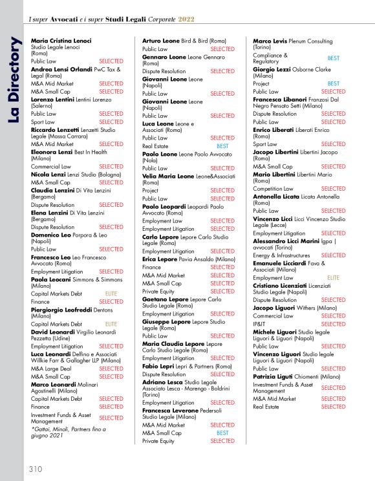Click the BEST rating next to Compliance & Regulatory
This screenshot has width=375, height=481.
click(333, 58)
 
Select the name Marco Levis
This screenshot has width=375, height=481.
click(270, 41)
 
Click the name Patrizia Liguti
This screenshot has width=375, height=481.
click(275, 376)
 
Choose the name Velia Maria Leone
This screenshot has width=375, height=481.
click(168, 176)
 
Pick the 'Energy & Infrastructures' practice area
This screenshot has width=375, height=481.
click(281, 255)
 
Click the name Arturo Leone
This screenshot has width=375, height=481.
click(161, 41)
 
